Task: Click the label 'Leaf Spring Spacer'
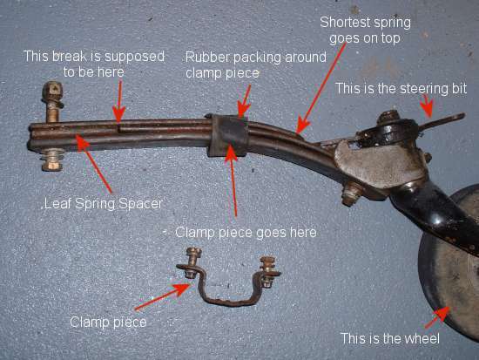click(103, 204)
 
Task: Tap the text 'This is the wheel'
click(390, 338)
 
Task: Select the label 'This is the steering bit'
click(401, 89)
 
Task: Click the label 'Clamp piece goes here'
click(246, 233)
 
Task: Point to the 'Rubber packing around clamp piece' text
click(256, 65)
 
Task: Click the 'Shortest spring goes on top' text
click(365, 31)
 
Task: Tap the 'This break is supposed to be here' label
click(94, 65)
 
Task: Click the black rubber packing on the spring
click(229, 135)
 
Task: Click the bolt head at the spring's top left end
click(52, 91)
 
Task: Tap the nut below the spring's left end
click(52, 160)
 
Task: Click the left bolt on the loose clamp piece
click(193, 262)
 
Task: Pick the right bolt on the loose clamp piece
click(268, 271)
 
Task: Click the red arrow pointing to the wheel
click(437, 317)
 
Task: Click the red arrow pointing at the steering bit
click(427, 105)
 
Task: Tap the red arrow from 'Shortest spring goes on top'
click(321, 88)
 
